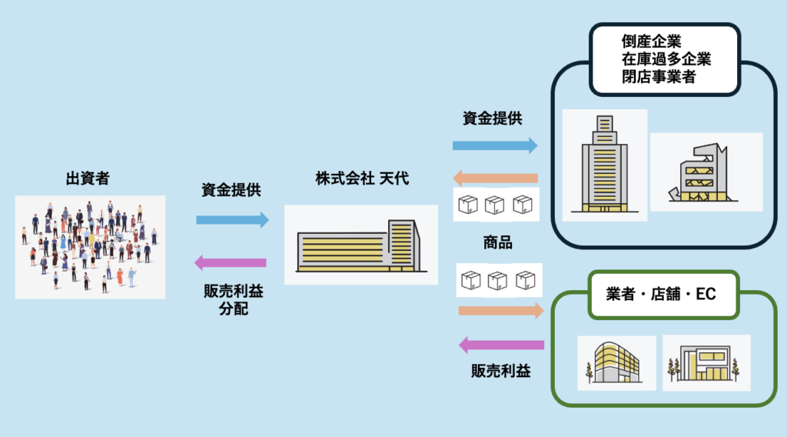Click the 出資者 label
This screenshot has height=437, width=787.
tap(87, 179)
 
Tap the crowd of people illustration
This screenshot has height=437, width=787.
tap(90, 246)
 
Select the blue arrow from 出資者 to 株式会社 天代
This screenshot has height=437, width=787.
tap(233, 220)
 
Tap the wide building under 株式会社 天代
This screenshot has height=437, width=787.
tap(360, 245)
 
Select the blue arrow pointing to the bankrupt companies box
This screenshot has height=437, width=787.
tap(494, 145)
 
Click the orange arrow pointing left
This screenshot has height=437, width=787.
tap(494, 178)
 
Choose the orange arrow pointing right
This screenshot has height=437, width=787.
tap(500, 311)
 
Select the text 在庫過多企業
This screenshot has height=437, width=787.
tap(666, 59)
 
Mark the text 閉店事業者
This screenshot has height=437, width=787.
tap(659, 76)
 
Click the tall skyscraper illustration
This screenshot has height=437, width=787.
tap(604, 164)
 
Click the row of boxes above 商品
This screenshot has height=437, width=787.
tap(495, 204)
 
